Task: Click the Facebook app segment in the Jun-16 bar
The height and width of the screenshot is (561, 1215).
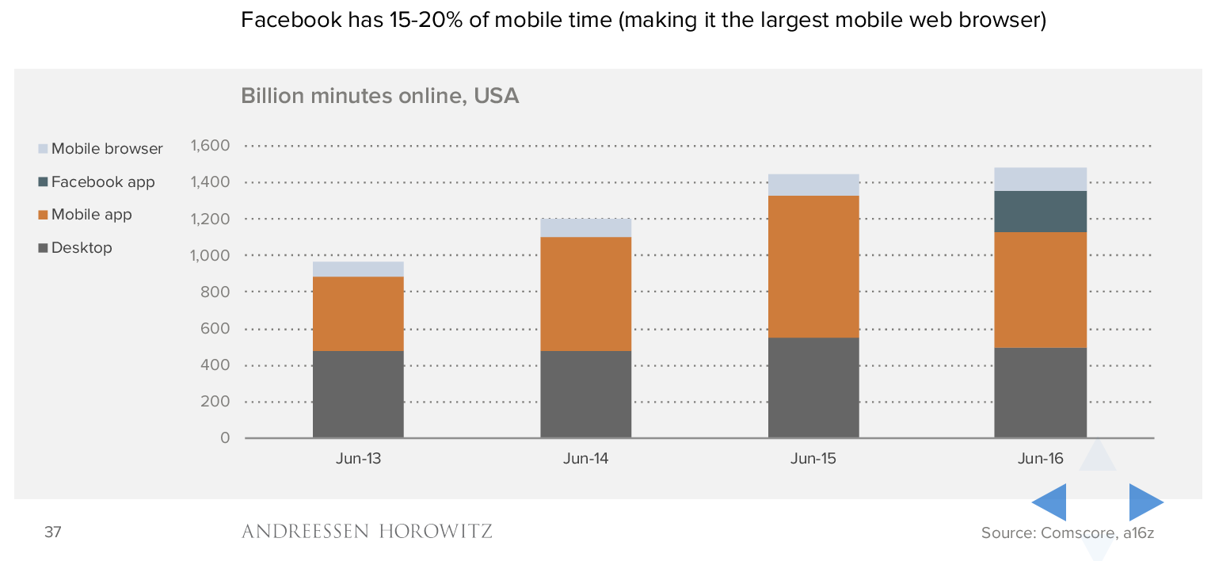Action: (1040, 212)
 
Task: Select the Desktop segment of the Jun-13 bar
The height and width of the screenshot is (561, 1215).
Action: (358, 394)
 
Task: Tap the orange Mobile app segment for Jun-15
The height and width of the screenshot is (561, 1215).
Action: (813, 266)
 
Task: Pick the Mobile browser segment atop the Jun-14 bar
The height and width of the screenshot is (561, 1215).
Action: (585, 227)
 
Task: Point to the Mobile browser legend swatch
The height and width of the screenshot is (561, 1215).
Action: (43, 149)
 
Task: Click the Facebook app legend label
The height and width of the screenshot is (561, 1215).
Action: (103, 182)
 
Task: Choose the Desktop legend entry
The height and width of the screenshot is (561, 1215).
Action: (82, 248)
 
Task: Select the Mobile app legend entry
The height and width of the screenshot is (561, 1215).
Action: (91, 215)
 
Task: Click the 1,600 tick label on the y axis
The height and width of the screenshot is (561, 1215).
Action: (209, 146)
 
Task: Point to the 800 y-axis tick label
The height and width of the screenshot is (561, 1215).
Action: (215, 292)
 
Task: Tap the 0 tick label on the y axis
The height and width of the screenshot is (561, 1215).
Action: (225, 438)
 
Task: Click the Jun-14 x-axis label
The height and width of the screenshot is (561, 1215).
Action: (585, 459)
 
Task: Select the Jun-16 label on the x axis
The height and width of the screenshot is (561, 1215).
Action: (1041, 459)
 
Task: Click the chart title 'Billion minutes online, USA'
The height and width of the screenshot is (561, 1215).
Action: (379, 97)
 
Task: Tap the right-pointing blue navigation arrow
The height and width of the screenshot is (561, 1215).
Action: (1145, 502)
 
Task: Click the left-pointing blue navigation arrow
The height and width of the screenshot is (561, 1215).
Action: (1049, 502)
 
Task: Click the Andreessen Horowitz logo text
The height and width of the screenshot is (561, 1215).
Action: (367, 531)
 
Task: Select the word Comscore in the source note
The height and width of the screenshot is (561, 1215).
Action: (1076, 532)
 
